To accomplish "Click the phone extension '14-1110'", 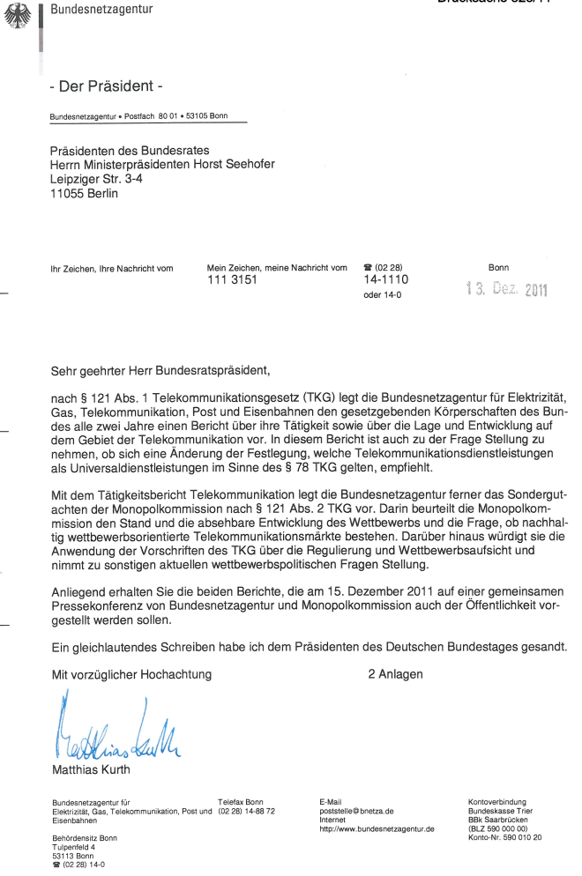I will [384, 280].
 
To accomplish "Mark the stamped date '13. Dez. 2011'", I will [505, 290].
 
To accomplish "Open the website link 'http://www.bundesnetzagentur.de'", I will [377, 829].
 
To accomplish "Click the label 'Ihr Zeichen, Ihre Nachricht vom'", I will [112, 267].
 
